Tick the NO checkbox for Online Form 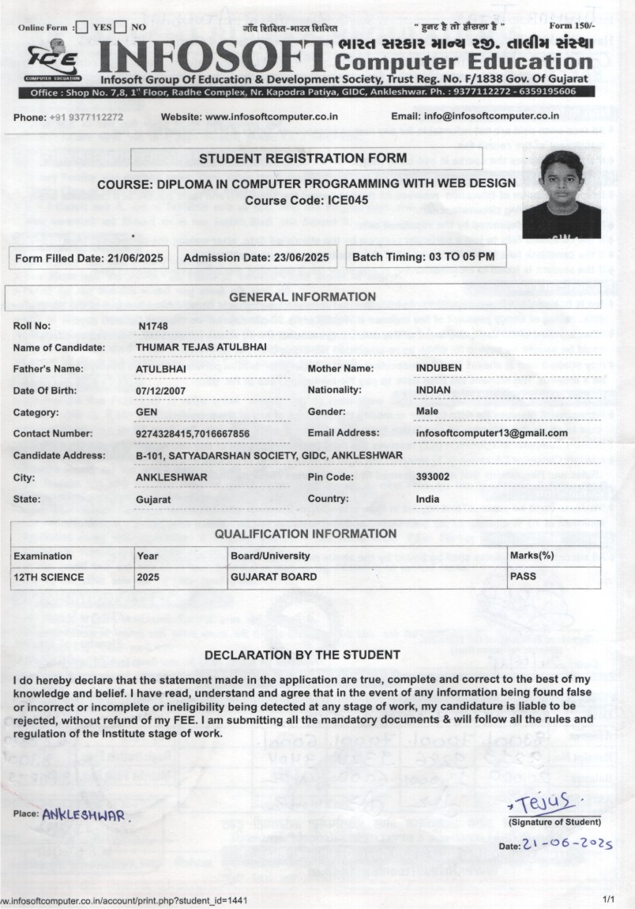click(x=120, y=28)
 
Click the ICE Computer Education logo click(x=53, y=60)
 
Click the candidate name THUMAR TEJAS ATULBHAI click(x=201, y=347)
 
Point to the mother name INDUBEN click(x=439, y=368)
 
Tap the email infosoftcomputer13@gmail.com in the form click(x=491, y=433)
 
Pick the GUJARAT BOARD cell click(x=273, y=577)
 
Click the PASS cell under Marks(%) click(x=523, y=577)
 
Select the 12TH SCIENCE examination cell click(x=49, y=577)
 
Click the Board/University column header click(x=270, y=556)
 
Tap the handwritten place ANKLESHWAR click(x=83, y=813)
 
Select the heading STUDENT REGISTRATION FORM click(x=302, y=159)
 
